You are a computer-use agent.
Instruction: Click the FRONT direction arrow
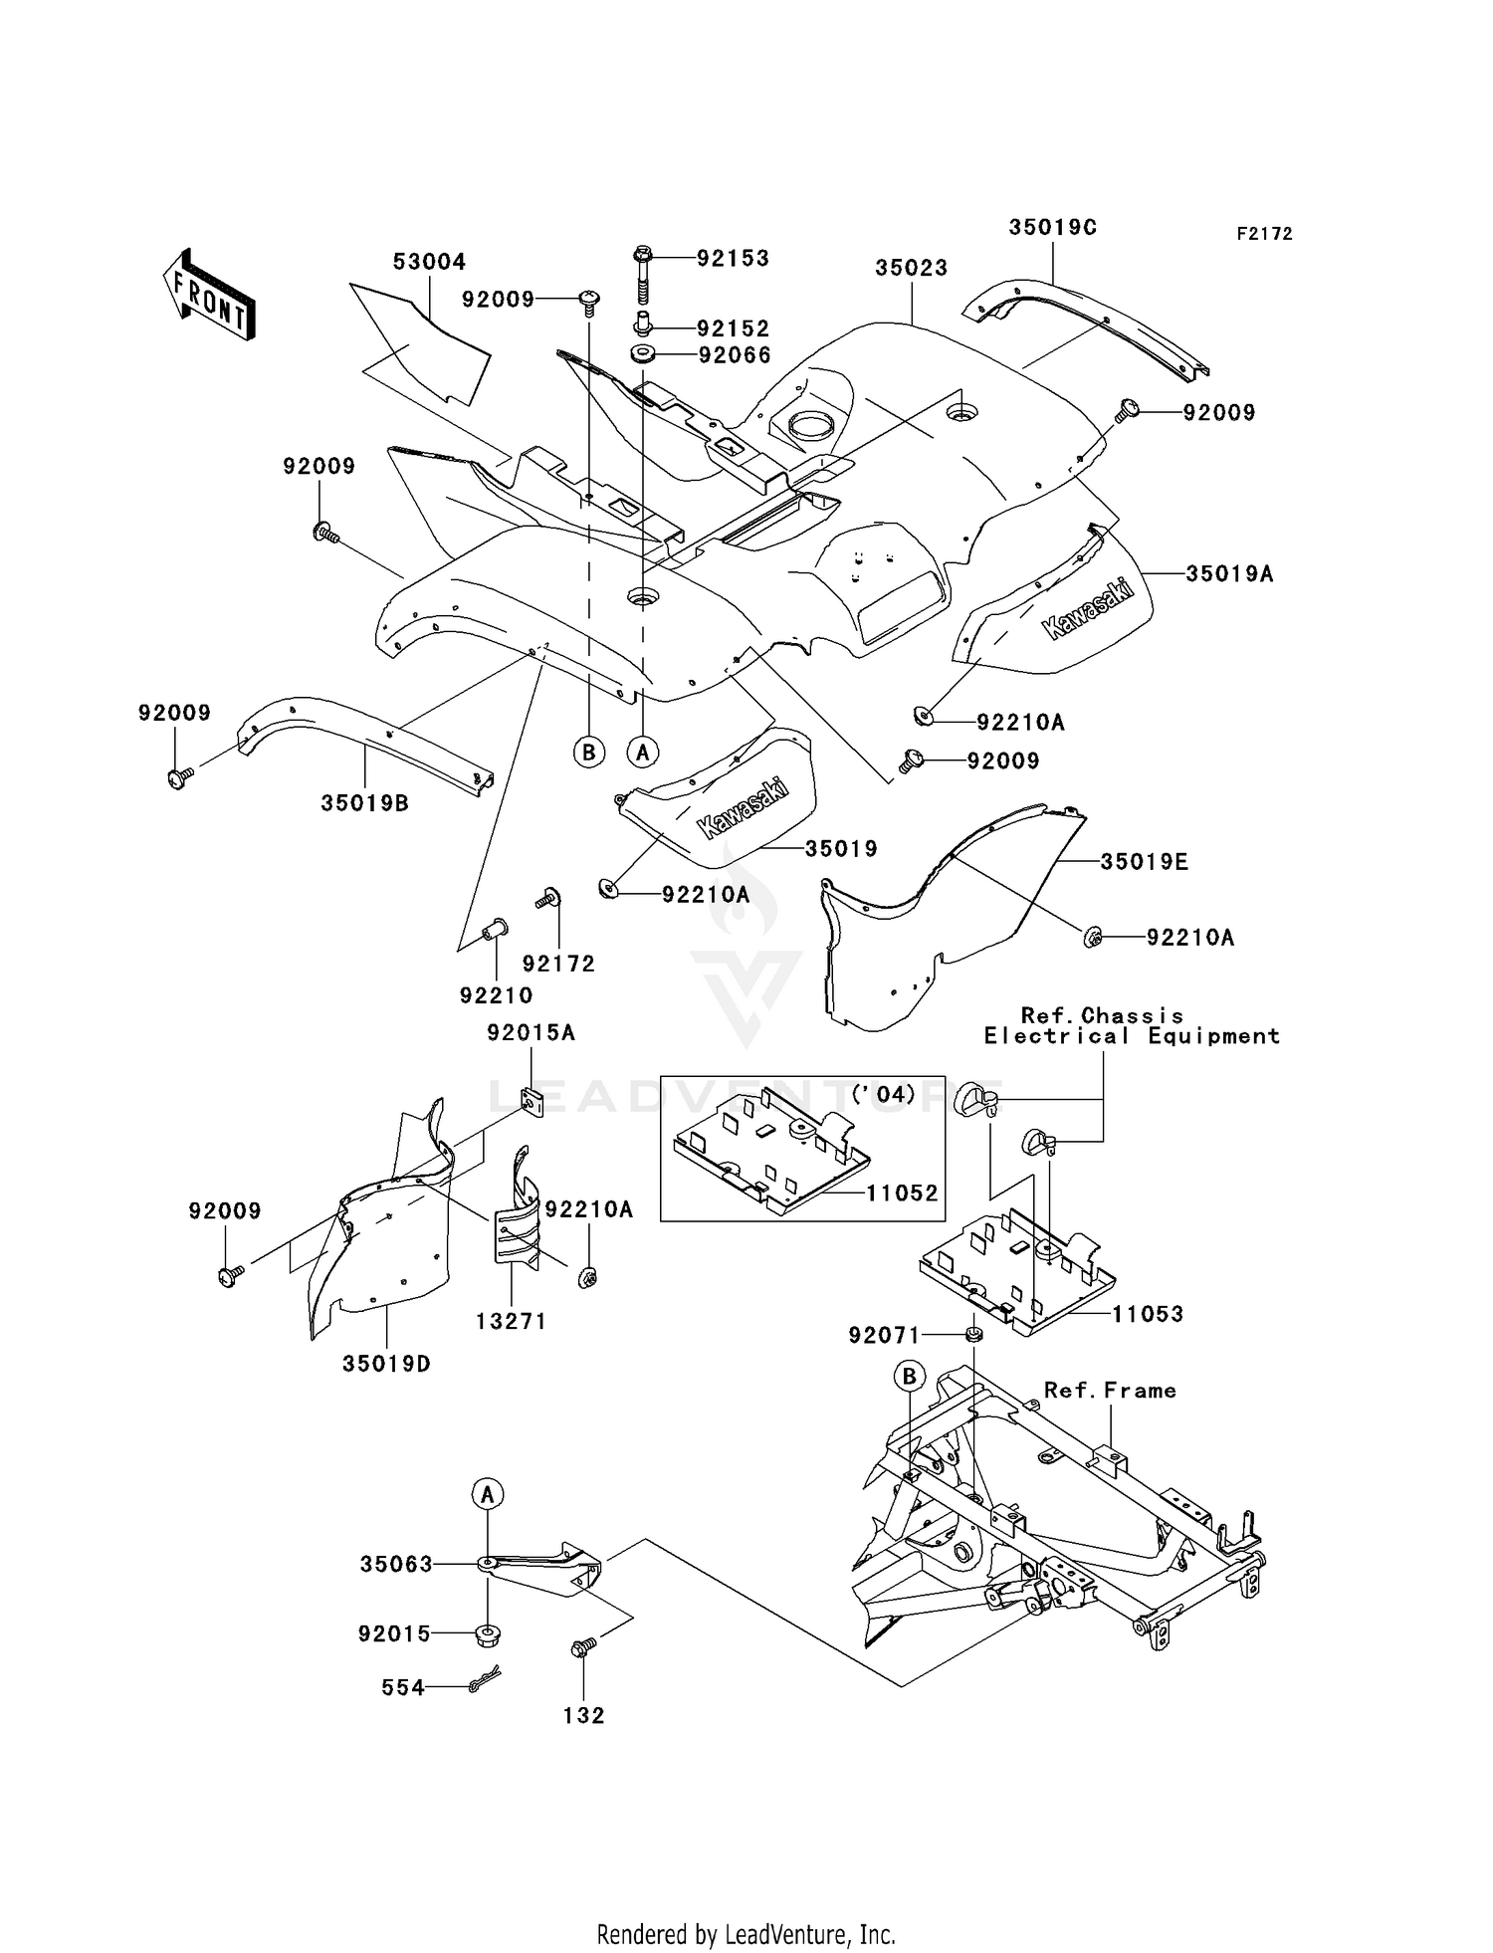tap(209, 295)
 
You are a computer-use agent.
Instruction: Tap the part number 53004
tap(429, 262)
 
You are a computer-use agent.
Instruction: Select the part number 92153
tap(733, 259)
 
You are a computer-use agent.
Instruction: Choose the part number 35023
tap(911, 268)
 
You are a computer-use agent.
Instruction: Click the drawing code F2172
tap(1264, 234)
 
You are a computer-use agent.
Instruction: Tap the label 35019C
tap(1052, 227)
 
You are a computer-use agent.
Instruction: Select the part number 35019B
tap(364, 802)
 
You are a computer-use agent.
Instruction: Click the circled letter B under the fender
tap(589, 752)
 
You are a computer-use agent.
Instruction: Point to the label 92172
tap(558, 964)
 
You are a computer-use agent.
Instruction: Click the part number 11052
tap(902, 1193)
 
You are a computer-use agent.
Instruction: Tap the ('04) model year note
tap(883, 1095)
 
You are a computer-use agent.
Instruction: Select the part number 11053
tap(1148, 1314)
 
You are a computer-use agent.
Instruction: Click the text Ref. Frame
tap(1110, 1391)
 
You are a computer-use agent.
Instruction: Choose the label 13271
tap(511, 1321)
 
